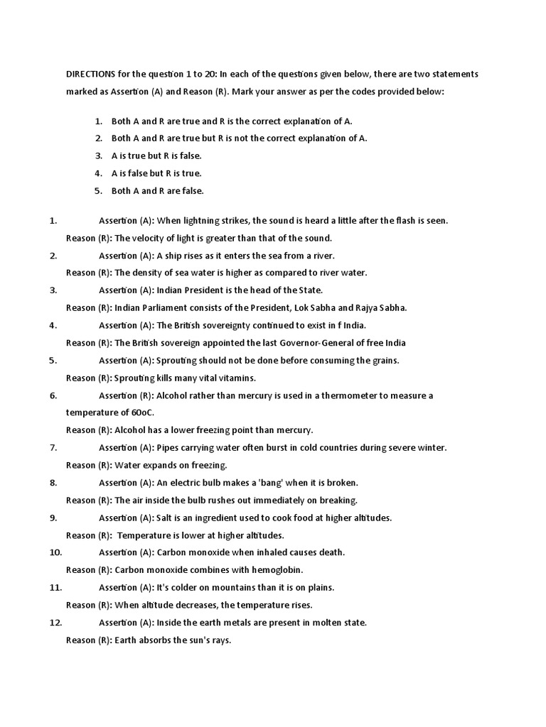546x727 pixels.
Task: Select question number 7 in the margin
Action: click(53, 447)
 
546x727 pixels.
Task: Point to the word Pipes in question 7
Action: click(168, 447)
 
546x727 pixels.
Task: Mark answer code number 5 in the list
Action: click(99, 190)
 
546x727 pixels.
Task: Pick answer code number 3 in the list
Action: click(99, 155)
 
